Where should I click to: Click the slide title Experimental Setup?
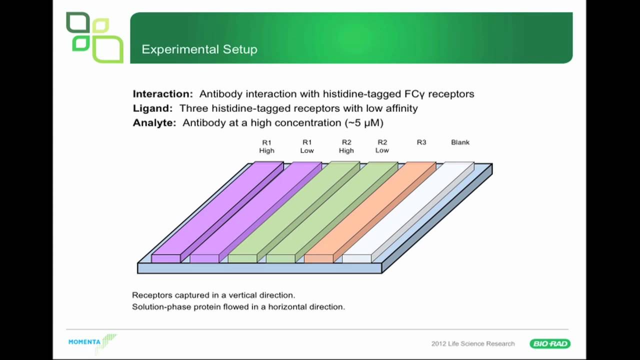[x=199, y=49]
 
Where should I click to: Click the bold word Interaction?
[x=162, y=94]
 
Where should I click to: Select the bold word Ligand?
[x=152, y=108]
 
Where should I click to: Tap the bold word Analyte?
[x=154, y=123]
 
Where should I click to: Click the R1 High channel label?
[x=266, y=146]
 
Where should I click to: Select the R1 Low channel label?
[x=307, y=146]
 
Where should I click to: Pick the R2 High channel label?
[x=346, y=146]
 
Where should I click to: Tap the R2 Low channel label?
[x=382, y=146]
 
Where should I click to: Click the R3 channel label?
[x=421, y=142]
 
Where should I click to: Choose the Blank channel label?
[x=460, y=142]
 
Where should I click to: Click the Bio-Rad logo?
[x=550, y=343]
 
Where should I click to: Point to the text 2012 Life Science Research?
[x=472, y=343]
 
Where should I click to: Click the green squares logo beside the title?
[x=94, y=37]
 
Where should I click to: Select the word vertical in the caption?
[x=243, y=295]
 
